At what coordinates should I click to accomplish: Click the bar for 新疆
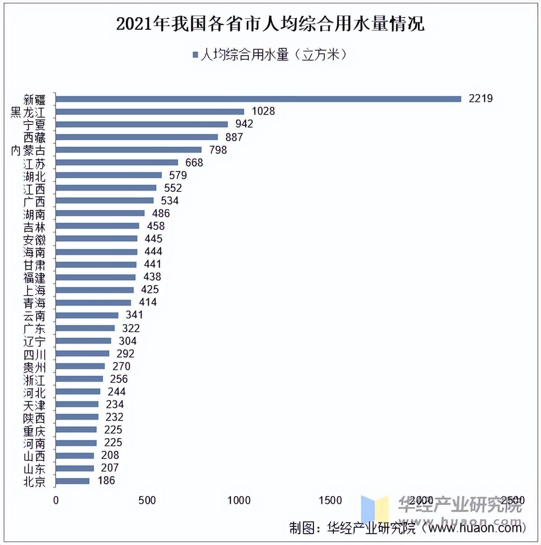click(x=258, y=99)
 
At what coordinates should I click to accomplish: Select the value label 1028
click(x=263, y=111)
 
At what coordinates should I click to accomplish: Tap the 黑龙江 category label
click(x=28, y=112)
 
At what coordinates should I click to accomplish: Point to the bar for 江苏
click(x=117, y=162)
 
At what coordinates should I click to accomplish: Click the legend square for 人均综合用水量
click(x=195, y=55)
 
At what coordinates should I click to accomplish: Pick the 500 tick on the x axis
click(x=147, y=500)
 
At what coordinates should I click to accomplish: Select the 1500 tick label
click(x=330, y=500)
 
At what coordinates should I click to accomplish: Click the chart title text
click(x=270, y=24)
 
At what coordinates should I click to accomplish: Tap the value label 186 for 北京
click(x=106, y=480)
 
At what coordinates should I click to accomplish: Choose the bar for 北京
click(x=72, y=481)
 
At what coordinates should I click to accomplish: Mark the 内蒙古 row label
click(x=28, y=150)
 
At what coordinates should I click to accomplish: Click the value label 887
click(x=234, y=137)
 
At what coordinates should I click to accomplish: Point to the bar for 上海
click(x=95, y=290)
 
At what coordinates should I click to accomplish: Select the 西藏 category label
click(x=34, y=137)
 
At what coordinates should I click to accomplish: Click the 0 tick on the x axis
click(x=56, y=500)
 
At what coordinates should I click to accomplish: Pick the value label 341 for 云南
click(x=134, y=315)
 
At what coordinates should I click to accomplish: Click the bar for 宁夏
click(x=142, y=124)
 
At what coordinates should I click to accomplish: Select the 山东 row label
click(x=34, y=469)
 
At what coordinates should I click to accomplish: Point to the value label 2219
click(x=480, y=98)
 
